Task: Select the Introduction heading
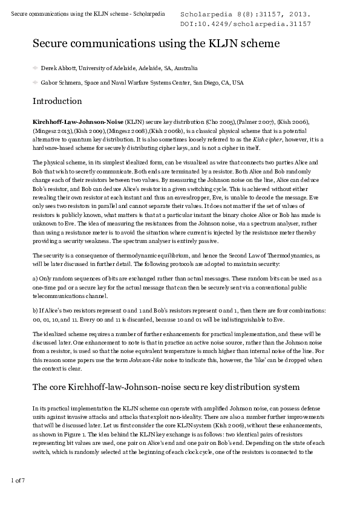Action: tap(57, 101)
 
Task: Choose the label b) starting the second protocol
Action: tap(35, 311)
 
